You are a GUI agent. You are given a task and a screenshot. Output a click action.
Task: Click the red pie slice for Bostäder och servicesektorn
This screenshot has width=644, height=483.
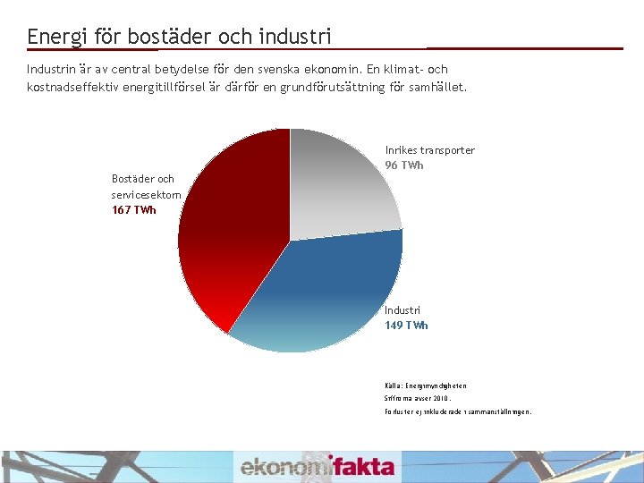(233, 233)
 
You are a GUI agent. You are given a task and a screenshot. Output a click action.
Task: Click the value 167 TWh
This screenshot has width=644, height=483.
(133, 210)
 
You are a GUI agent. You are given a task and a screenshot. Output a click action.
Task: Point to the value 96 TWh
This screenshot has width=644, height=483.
(404, 165)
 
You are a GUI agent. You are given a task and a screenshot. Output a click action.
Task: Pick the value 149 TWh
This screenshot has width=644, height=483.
(406, 326)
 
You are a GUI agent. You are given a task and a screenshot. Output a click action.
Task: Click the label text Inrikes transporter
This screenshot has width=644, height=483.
(429, 150)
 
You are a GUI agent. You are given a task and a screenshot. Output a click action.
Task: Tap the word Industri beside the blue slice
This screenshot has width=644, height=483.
(402, 310)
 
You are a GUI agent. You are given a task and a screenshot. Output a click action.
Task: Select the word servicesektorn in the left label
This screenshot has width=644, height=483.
(146, 194)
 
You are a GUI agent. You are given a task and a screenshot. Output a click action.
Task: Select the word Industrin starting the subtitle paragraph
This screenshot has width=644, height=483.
(51, 69)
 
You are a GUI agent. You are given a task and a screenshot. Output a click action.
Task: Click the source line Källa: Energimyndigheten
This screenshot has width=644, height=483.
(426, 386)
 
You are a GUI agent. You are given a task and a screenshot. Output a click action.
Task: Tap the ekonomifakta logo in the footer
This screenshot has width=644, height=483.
(317, 466)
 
